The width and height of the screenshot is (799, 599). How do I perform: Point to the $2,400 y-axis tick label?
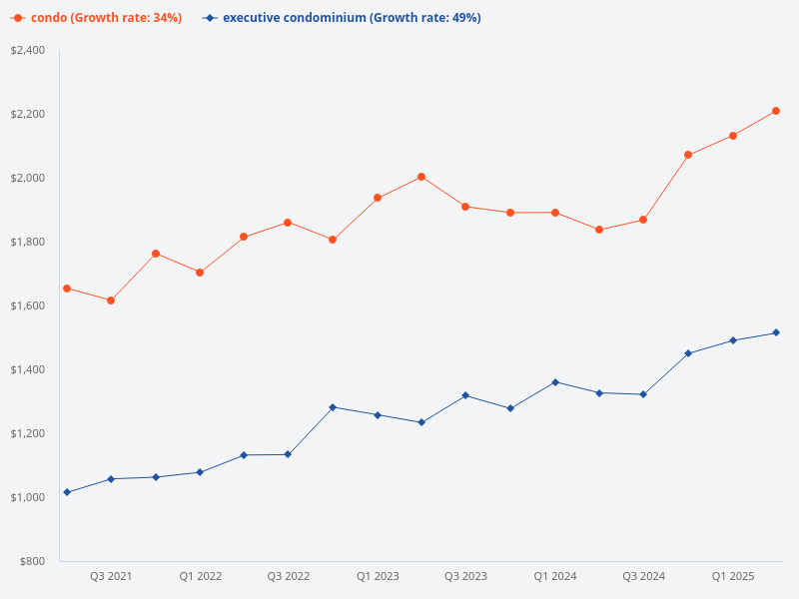coord(27,50)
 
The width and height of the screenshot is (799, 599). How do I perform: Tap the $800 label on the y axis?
coord(32,561)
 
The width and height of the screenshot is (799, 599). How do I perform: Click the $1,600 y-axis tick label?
coord(27,305)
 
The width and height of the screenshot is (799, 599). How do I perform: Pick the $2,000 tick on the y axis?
coord(27,178)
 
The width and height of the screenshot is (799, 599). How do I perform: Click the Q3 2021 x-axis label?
coord(111,577)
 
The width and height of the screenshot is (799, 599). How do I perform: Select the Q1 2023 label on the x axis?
coord(378,577)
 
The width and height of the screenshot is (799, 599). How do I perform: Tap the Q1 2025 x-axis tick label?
coord(732,577)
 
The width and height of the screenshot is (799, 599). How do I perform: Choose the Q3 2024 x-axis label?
coord(643,577)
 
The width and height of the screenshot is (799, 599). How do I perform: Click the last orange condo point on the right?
coord(776,111)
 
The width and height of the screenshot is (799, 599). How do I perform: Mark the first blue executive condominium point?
coord(67,492)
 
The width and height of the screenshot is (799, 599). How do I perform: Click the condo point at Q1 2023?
coord(378,198)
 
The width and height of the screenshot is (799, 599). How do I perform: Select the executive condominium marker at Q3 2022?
coord(289,454)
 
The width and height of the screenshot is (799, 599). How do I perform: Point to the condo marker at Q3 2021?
coord(111,300)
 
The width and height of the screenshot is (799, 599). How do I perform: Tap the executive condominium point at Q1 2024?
coord(554,382)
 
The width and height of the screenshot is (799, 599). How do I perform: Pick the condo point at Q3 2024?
coord(643,220)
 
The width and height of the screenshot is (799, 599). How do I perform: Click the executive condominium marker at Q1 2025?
coord(732,340)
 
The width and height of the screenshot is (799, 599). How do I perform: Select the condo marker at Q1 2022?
coord(200,273)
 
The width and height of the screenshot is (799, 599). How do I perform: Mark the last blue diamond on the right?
coord(776,332)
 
